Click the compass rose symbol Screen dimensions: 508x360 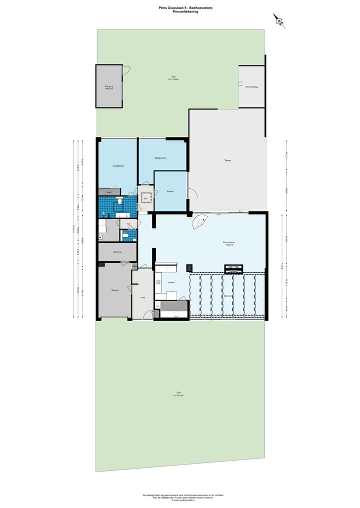click(279, 20)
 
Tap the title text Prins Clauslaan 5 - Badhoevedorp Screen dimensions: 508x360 click(180, 8)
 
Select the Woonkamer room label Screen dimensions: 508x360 click(229, 243)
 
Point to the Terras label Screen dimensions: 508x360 click(227, 160)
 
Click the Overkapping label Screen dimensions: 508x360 click(251, 86)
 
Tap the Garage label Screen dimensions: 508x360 click(114, 290)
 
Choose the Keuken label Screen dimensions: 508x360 click(171, 282)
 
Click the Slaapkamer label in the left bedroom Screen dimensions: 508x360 click(118, 165)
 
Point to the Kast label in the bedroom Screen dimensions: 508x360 click(109, 191)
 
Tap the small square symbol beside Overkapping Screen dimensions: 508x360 click(240, 83)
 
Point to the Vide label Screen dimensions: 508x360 click(145, 198)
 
